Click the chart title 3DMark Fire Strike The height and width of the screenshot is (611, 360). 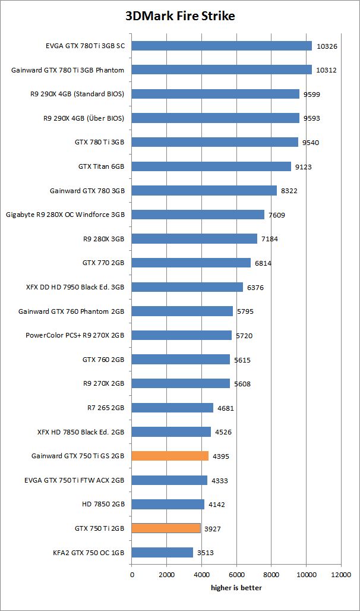pyautogui.click(x=179, y=16)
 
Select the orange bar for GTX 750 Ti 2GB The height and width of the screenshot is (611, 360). pyautogui.click(x=166, y=528)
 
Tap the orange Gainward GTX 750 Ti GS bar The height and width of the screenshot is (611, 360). pyautogui.click(x=170, y=456)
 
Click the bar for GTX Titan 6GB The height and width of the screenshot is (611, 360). pyautogui.click(x=211, y=166)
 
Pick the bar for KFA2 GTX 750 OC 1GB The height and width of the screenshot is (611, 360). pyautogui.click(x=162, y=552)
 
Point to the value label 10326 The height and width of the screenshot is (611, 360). pyautogui.click(x=326, y=46)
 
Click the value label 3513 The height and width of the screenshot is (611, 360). pyautogui.click(x=206, y=553)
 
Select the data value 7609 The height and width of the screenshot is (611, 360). pyautogui.click(x=277, y=215)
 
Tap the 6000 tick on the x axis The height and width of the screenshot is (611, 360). pyautogui.click(x=236, y=575)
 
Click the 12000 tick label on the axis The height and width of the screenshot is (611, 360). pyautogui.click(x=341, y=575)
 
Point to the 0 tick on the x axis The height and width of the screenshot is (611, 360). pyautogui.click(x=132, y=575)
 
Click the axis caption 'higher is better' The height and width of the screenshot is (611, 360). pyautogui.click(x=236, y=587)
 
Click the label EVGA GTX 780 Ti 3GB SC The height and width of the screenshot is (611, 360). pyautogui.click(x=85, y=46)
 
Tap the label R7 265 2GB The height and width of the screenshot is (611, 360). pyautogui.click(x=106, y=408)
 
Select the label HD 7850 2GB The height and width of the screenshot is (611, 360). pyautogui.click(x=103, y=504)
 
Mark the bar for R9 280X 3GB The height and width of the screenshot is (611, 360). pyautogui.click(x=194, y=238)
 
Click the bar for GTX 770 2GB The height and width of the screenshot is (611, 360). pyautogui.click(x=191, y=263)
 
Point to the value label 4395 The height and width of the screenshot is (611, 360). pyautogui.click(x=221, y=456)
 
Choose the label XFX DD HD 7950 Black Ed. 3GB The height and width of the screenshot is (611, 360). pyautogui.click(x=71, y=287)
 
